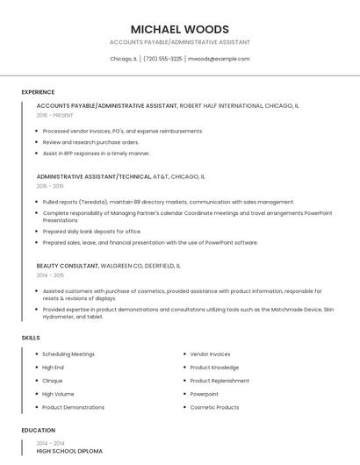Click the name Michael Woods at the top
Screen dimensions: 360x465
coord(179,29)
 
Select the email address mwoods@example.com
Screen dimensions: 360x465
coord(220,59)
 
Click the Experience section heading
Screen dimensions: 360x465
coord(38,92)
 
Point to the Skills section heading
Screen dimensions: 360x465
coord(31,337)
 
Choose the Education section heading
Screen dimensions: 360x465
coord(38,430)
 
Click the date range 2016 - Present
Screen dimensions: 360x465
coord(55,115)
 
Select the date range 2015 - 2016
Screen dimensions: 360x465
coord(50,186)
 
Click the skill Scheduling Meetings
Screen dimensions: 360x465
coord(68,354)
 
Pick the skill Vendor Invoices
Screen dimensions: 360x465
coord(210,354)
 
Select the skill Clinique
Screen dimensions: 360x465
coord(53,381)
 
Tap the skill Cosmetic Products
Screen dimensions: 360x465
coord(214,407)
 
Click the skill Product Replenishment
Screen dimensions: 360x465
coord(220,381)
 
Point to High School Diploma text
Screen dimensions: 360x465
coord(69,451)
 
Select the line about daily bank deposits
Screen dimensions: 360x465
coord(90,232)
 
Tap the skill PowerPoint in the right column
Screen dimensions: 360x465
coord(205,394)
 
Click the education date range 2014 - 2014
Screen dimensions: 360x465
coord(50,443)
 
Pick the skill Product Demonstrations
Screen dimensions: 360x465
coord(73,407)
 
